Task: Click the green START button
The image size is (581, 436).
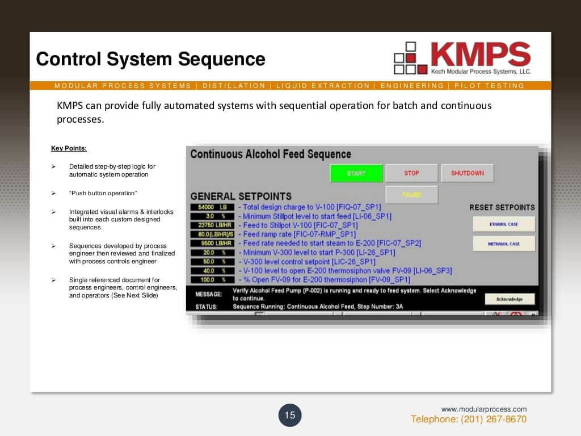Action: (x=356, y=173)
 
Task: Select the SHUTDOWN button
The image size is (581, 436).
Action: (x=468, y=173)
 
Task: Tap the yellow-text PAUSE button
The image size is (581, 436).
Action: (x=411, y=195)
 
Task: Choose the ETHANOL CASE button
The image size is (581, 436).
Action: (x=504, y=224)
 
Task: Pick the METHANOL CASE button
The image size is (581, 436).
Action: (x=504, y=244)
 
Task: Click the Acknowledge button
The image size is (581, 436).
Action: (x=510, y=299)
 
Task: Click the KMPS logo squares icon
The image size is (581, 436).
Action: (x=410, y=58)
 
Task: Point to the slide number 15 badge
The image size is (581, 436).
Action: (x=290, y=415)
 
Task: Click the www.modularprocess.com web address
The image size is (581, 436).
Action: (x=484, y=409)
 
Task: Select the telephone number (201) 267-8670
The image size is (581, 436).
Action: (x=469, y=420)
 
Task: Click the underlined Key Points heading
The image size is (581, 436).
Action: (x=69, y=149)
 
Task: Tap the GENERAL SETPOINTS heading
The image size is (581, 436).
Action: (x=241, y=196)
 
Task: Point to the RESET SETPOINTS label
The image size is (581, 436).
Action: (x=502, y=207)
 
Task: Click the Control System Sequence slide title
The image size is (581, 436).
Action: (x=150, y=59)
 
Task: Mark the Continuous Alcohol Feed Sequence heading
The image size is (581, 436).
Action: (x=271, y=154)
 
